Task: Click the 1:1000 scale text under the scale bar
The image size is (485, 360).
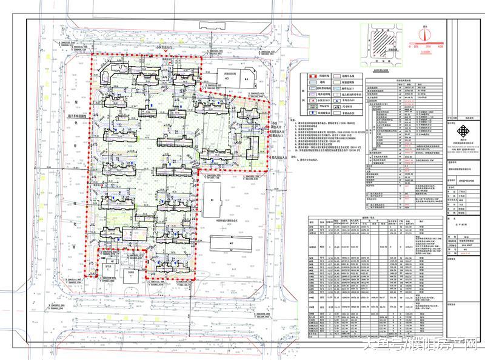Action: tap(426, 53)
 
